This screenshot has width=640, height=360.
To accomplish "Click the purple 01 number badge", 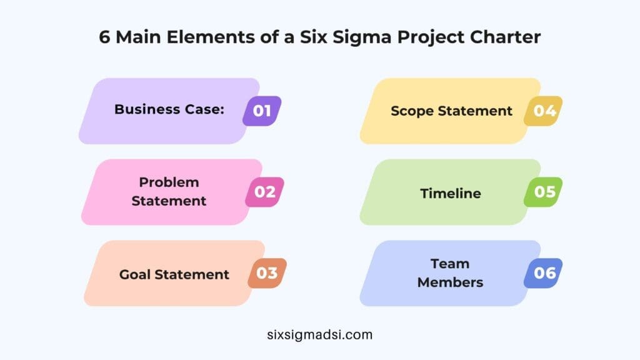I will point(262,111).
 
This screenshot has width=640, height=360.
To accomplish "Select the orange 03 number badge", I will point(267,273).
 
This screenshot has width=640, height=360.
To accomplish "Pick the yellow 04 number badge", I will point(542,111).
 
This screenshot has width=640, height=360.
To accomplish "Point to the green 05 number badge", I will point(543,192).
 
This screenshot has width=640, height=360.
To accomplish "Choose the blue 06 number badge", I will point(543,273).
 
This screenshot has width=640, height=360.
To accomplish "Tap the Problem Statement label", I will point(169,191).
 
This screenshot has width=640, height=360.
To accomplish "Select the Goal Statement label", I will point(174,274).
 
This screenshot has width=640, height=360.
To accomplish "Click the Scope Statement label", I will point(451,111).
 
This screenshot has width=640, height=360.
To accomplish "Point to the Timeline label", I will point(451,193).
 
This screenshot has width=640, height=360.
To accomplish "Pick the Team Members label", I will point(450,272).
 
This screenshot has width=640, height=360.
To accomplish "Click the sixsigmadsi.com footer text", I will point(319,334).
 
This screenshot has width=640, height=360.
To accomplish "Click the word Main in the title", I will point(140,37).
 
